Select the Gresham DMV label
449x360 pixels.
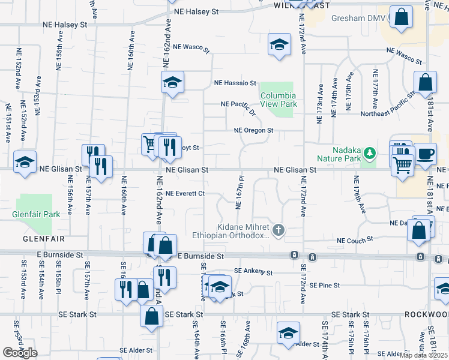click(x=357, y=18)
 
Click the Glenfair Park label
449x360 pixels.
click(x=37, y=214)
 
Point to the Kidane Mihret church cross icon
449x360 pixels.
click(x=278, y=230)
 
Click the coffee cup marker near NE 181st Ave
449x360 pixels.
click(x=426, y=154)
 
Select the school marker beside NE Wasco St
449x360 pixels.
click(x=279, y=45)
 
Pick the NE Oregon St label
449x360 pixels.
click(x=253, y=130)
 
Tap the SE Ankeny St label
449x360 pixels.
click(x=253, y=272)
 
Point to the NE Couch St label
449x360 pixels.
click(x=355, y=241)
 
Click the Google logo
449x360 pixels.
click(x=20, y=353)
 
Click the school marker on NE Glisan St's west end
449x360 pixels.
click(x=25, y=162)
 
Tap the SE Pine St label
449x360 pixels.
click(x=321, y=285)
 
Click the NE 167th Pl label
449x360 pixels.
click(x=239, y=192)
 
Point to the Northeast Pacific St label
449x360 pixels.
click(x=387, y=104)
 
